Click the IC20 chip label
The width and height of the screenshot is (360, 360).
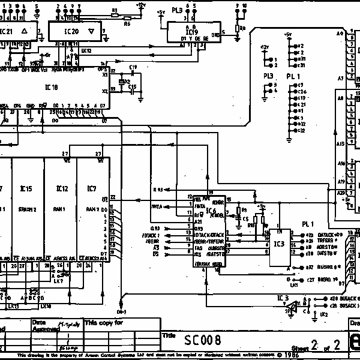71,31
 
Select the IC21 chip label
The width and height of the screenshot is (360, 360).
6,31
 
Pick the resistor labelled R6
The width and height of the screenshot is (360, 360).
127,25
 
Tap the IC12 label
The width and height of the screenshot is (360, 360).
61,189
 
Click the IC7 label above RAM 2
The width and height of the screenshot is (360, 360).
91,189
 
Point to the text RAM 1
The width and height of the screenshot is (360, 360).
61,209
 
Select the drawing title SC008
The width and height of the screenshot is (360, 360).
202,341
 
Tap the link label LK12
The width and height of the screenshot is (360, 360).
86,51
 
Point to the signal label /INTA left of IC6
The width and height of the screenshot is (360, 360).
158,206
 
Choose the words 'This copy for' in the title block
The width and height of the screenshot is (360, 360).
104,322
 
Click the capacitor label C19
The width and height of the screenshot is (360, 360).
133,66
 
